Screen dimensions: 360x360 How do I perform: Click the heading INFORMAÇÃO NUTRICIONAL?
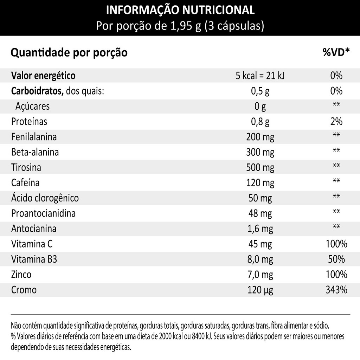click(180, 10)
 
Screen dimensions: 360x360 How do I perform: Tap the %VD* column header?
click(336, 53)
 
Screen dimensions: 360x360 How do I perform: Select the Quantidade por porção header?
click(69, 53)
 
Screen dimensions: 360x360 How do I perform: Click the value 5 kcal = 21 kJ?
click(260, 76)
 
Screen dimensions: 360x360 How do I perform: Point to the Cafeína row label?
click(25, 182)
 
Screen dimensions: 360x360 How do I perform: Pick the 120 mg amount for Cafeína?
click(260, 182)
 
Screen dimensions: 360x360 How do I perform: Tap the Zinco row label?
click(21, 275)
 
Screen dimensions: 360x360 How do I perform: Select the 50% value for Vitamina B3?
click(336, 259)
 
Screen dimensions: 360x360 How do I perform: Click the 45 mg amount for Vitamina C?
click(260, 244)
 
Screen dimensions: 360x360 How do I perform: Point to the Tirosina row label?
click(26, 167)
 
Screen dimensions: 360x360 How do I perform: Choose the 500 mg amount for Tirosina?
click(260, 167)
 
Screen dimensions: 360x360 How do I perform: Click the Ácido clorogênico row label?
click(45, 198)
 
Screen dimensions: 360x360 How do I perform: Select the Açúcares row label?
click(32, 106)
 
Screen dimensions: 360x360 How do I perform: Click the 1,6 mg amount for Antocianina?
click(260, 229)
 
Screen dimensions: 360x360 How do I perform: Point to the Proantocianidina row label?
click(43, 213)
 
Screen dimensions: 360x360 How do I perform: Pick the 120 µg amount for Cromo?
click(260, 290)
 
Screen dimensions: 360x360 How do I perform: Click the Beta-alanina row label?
click(35, 152)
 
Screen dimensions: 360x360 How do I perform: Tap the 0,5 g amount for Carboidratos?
click(260, 91)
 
